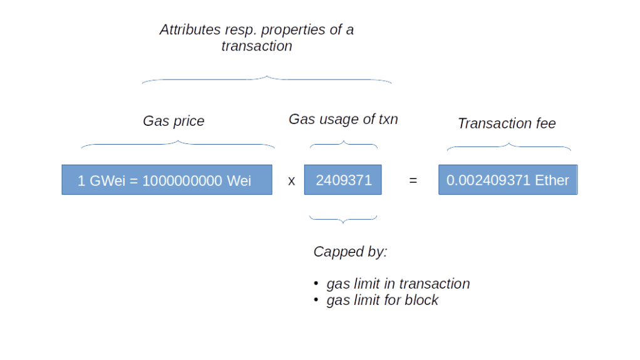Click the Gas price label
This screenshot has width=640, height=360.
coord(173,121)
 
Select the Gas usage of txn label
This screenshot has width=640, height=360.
coord(343,119)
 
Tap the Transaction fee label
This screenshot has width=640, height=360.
coord(507,123)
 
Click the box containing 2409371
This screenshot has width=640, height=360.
coord(343,180)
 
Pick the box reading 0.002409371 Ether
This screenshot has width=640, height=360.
coord(508,180)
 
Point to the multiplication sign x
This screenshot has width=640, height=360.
coord(291,181)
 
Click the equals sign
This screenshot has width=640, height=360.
coord(413,180)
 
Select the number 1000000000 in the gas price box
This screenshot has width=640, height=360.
coord(182,181)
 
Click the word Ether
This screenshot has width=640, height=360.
coord(552,180)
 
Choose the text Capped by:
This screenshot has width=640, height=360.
coord(350,252)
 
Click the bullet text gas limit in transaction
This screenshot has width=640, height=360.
coord(398,284)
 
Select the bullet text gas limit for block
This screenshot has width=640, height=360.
coord(382,300)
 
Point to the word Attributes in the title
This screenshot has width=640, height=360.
coord(188,29)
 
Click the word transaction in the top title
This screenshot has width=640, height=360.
coord(256,46)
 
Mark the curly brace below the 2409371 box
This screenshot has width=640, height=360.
coord(343,219)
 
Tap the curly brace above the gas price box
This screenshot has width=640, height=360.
coord(178,144)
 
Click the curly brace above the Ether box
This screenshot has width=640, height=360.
coord(508,147)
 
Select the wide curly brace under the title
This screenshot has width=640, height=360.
coord(266,80)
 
